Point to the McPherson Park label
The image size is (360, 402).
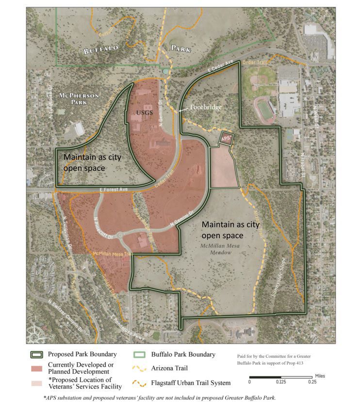point(73,98)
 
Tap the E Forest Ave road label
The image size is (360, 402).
point(114,190)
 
